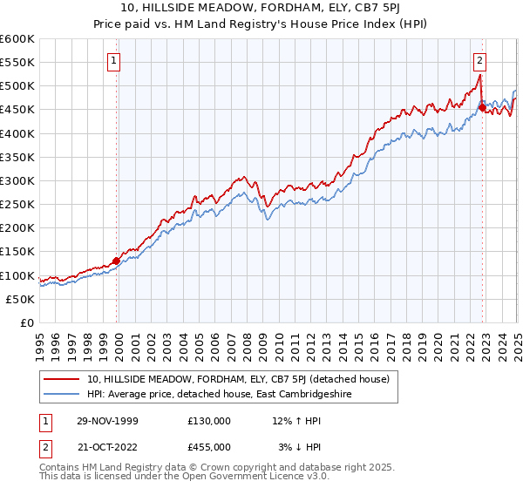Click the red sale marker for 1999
coord(116,260)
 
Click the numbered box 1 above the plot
coord(116,61)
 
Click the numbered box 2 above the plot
coord(480,61)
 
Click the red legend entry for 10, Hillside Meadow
coord(243,379)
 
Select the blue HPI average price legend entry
coord(234,394)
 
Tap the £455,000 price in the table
coord(209,446)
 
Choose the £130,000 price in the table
coord(209,421)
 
